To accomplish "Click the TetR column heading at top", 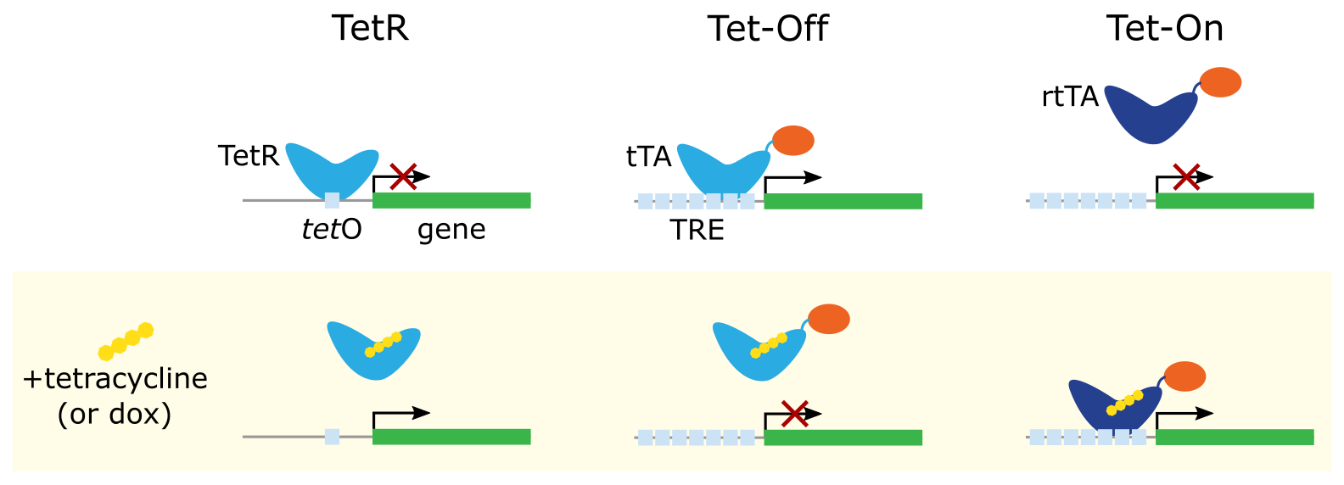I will pos(370,28).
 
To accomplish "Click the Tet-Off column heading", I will pos(767,28).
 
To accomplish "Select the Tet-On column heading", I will pos(1164,28).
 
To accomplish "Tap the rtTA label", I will pos(1069,97).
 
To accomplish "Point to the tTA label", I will pos(648,157).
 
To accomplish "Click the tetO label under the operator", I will pos(332,230).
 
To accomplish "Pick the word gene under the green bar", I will pos(451,230).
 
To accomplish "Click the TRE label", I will pos(697,230).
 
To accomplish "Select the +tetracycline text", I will pos(115,378).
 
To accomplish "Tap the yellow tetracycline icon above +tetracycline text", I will pos(126,341).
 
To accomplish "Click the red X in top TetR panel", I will pos(402,176).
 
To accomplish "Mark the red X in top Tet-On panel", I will pos(1185,176).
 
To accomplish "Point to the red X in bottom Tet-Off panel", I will pos(793,414).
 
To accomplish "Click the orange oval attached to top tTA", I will pos(793,140).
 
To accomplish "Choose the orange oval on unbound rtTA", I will pos(1220,83).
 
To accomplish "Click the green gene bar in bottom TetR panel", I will pos(451,437).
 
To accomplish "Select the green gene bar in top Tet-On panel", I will pos(1235,201).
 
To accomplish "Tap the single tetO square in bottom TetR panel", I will pos(332,437).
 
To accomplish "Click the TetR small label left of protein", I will pos(248,156).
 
